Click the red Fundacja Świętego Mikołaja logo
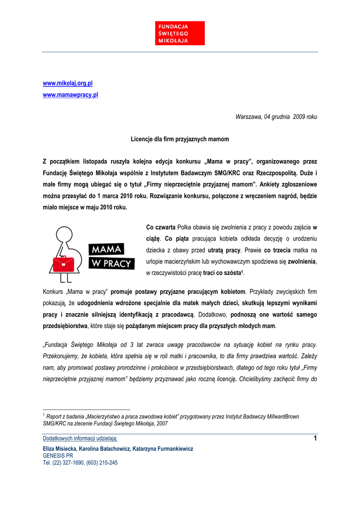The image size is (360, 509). point(180,33)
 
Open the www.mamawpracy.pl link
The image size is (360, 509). point(70,94)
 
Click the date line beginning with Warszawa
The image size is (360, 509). point(276,116)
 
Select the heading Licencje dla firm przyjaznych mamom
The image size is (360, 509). point(180,139)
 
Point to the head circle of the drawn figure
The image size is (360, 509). point(64,234)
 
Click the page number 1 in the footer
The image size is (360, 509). point(315,438)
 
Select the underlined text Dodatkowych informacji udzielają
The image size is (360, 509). point(80,438)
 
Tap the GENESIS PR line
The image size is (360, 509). point(58,455)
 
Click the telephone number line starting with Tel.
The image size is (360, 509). point(80,462)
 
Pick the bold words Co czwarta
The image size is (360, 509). point(161,227)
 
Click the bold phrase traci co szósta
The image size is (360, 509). point(222,273)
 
